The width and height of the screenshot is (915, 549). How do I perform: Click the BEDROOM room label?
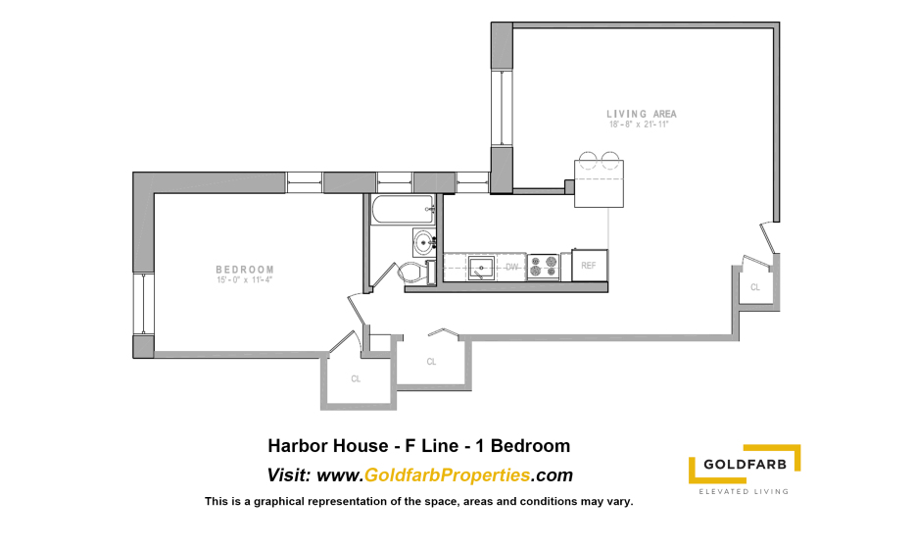(245, 270)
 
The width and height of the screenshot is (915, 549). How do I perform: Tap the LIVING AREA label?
(642, 114)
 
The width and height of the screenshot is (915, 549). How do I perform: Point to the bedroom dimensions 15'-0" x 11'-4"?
(245, 280)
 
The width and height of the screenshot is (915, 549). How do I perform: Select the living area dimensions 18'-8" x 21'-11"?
(639, 125)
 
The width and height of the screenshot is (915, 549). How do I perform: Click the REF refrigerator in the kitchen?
(590, 265)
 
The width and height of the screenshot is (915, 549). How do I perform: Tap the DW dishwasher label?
(511, 267)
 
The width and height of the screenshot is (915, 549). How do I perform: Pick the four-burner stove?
(544, 267)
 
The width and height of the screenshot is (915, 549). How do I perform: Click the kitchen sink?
(481, 268)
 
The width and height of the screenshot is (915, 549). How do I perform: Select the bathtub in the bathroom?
(403, 210)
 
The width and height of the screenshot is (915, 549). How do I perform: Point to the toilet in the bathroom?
(415, 273)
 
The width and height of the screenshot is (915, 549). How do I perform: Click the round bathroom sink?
(424, 242)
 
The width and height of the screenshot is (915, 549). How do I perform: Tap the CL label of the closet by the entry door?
(755, 287)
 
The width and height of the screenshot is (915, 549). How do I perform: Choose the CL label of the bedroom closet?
(356, 379)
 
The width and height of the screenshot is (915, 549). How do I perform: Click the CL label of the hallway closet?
(431, 362)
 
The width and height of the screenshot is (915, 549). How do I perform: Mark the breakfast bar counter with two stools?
(599, 183)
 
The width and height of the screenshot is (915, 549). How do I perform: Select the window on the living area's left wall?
(501, 108)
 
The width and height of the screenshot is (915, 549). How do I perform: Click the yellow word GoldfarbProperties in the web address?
(447, 475)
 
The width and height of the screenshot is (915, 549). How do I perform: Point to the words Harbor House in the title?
(328, 446)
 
